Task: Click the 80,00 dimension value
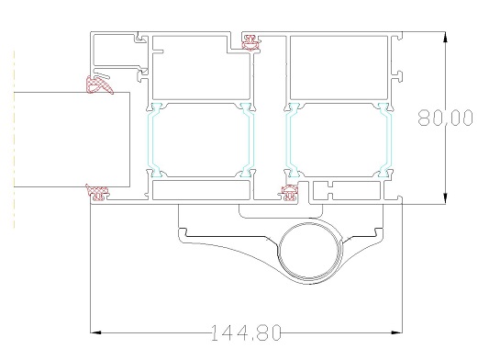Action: pyautogui.click(x=445, y=118)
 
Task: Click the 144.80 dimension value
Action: pyautogui.click(x=246, y=332)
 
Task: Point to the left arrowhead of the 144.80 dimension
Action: pyautogui.click(x=95, y=332)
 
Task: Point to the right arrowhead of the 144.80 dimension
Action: pyautogui.click(x=396, y=332)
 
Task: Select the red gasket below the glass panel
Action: pyautogui.click(x=98, y=192)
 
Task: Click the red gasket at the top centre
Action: pyautogui.click(x=251, y=42)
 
